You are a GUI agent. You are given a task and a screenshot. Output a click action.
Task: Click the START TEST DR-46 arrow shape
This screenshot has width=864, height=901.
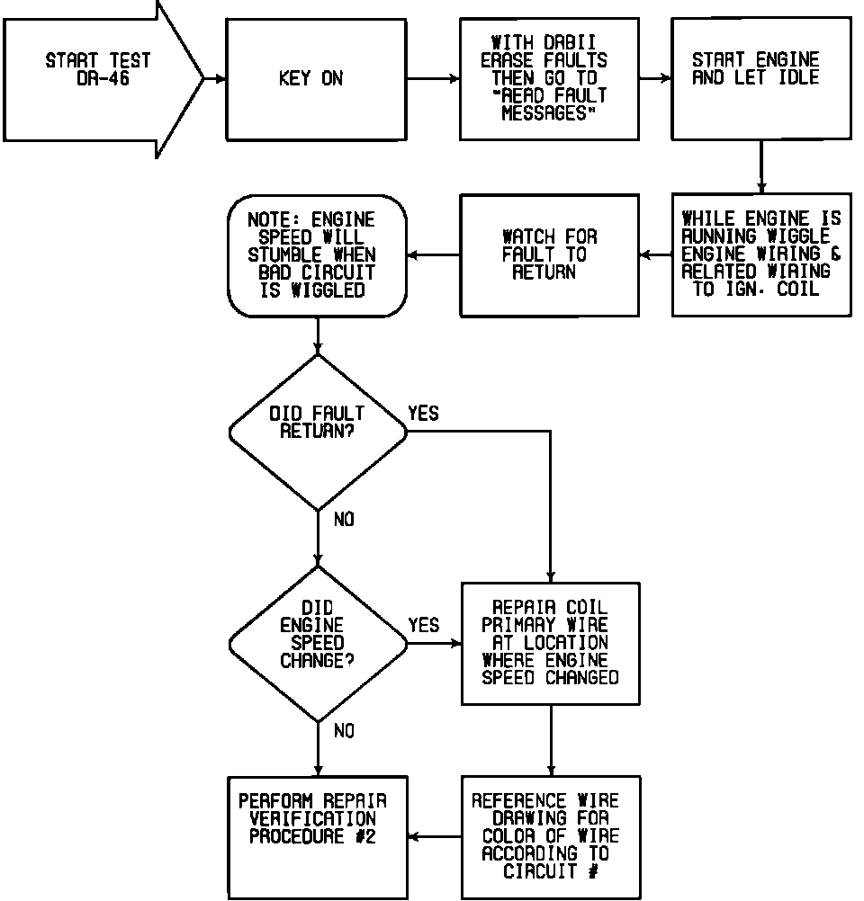pyautogui.click(x=99, y=79)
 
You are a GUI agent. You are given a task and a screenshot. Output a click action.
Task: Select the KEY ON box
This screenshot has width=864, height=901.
pyautogui.click(x=315, y=79)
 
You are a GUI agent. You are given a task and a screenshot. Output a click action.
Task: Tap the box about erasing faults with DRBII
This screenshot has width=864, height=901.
pyautogui.click(x=549, y=79)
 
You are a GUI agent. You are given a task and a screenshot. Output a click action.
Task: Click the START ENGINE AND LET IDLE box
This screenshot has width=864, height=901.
pyautogui.click(x=760, y=79)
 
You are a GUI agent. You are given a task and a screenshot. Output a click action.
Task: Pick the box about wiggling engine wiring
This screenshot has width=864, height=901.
pyautogui.click(x=760, y=254)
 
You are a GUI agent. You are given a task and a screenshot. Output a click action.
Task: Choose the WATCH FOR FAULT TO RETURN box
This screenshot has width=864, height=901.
pyautogui.click(x=549, y=254)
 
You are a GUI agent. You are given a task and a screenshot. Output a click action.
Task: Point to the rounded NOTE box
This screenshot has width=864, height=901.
pyautogui.click(x=317, y=255)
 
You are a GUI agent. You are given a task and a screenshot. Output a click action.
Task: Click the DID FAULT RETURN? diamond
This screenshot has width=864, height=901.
pyautogui.click(x=317, y=432)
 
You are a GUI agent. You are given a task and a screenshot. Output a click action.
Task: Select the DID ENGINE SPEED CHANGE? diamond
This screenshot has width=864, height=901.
pyautogui.click(x=317, y=643)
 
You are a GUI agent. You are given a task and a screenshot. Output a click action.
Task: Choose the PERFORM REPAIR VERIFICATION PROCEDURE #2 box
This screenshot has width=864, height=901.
pyautogui.click(x=317, y=836)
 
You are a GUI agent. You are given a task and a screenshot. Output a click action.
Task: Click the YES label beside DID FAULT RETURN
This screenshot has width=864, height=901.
pyautogui.click(x=423, y=414)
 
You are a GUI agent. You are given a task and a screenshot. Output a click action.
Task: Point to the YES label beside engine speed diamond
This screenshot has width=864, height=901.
pyautogui.click(x=423, y=625)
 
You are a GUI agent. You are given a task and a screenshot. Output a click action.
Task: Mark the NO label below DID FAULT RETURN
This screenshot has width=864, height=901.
pyautogui.click(x=344, y=520)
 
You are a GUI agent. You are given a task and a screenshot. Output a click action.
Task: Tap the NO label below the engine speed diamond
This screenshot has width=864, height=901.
pyautogui.click(x=344, y=732)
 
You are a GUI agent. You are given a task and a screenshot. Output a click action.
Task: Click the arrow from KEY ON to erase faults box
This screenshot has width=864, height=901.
pyautogui.click(x=433, y=79)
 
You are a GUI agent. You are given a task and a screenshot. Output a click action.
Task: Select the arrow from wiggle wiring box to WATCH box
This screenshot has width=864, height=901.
pyautogui.click(x=656, y=255)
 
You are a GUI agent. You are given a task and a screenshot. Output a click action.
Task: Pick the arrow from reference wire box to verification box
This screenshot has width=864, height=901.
pyautogui.click(x=435, y=837)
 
